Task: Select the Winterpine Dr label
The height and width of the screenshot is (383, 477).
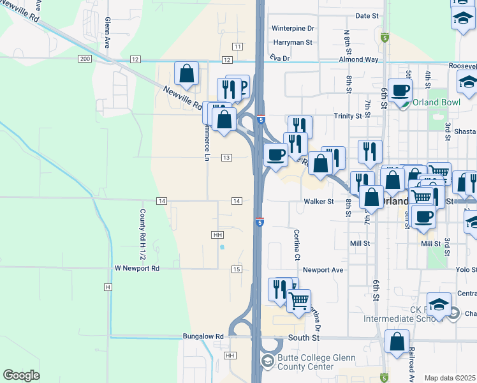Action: pyautogui.click(x=293, y=29)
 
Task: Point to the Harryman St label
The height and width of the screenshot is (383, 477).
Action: pyautogui.click(x=292, y=43)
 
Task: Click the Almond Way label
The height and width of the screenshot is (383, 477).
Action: pyautogui.click(x=359, y=59)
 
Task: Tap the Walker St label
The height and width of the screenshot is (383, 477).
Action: pyautogui.click(x=318, y=202)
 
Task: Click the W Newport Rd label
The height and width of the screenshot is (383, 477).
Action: pyautogui.click(x=136, y=269)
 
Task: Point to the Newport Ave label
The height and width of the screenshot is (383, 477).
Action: pyautogui.click(x=323, y=270)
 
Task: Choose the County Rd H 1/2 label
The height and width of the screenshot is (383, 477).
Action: pyautogui.click(x=143, y=229)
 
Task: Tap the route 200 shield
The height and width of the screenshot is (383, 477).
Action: pyautogui.click(x=84, y=59)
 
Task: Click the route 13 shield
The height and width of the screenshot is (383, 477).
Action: pyautogui.click(x=226, y=158)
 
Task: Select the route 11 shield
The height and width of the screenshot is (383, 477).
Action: pyautogui.click(x=237, y=47)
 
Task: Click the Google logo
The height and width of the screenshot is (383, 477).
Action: pyautogui.click(x=21, y=375)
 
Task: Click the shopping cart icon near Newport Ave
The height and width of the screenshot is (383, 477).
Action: pyautogui.click(x=298, y=300)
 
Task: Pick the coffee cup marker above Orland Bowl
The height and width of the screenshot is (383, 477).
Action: pyautogui.click(x=400, y=91)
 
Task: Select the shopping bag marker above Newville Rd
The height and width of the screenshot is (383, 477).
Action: pyautogui.click(x=186, y=75)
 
